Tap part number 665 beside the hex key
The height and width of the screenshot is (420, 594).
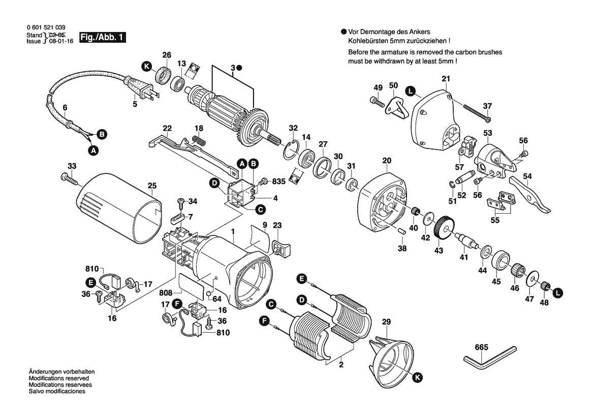pyautogui.click(x=482, y=348)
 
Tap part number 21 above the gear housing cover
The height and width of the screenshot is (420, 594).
pyautogui.click(x=446, y=79)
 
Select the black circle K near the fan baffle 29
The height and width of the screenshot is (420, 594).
pyautogui.click(x=417, y=377)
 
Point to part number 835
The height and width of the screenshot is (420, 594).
pyautogui.click(x=278, y=181)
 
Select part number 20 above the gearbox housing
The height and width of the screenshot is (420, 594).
pyautogui.click(x=387, y=161)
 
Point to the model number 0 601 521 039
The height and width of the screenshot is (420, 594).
pyautogui.click(x=45, y=27)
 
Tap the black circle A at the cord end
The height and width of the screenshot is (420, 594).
pyautogui.click(x=92, y=151)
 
